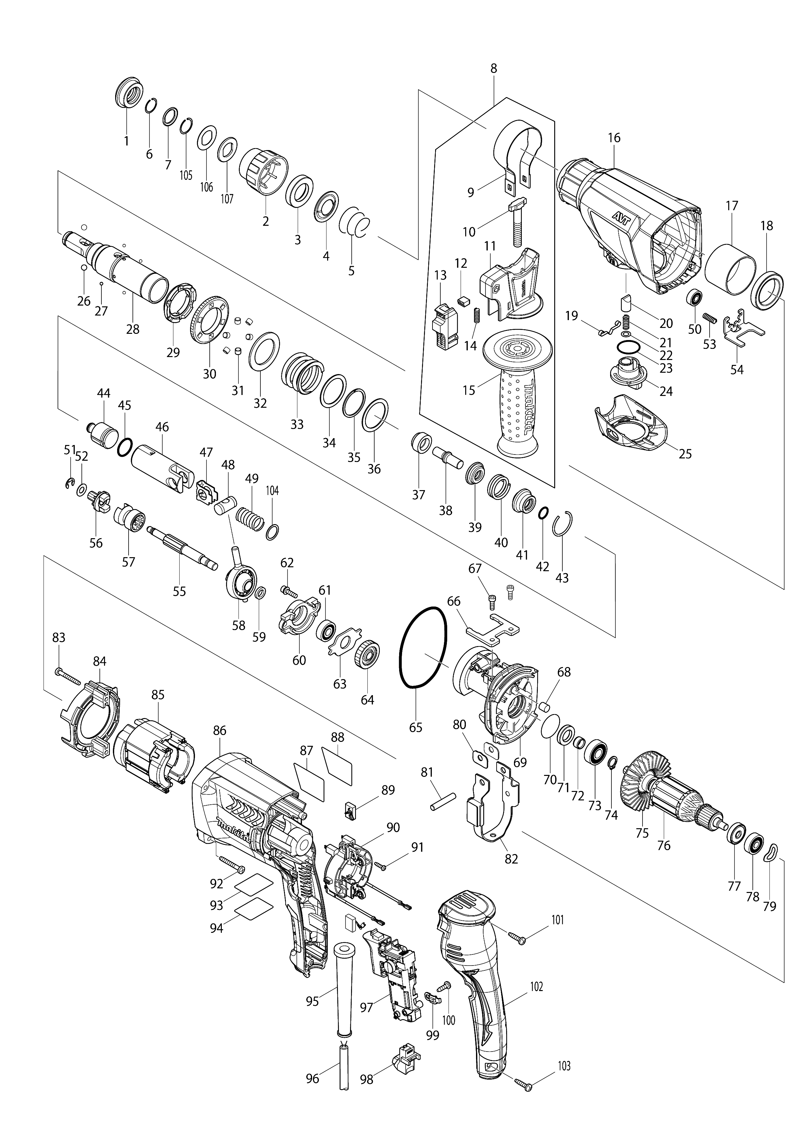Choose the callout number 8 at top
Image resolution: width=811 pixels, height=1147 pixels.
point(494,68)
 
